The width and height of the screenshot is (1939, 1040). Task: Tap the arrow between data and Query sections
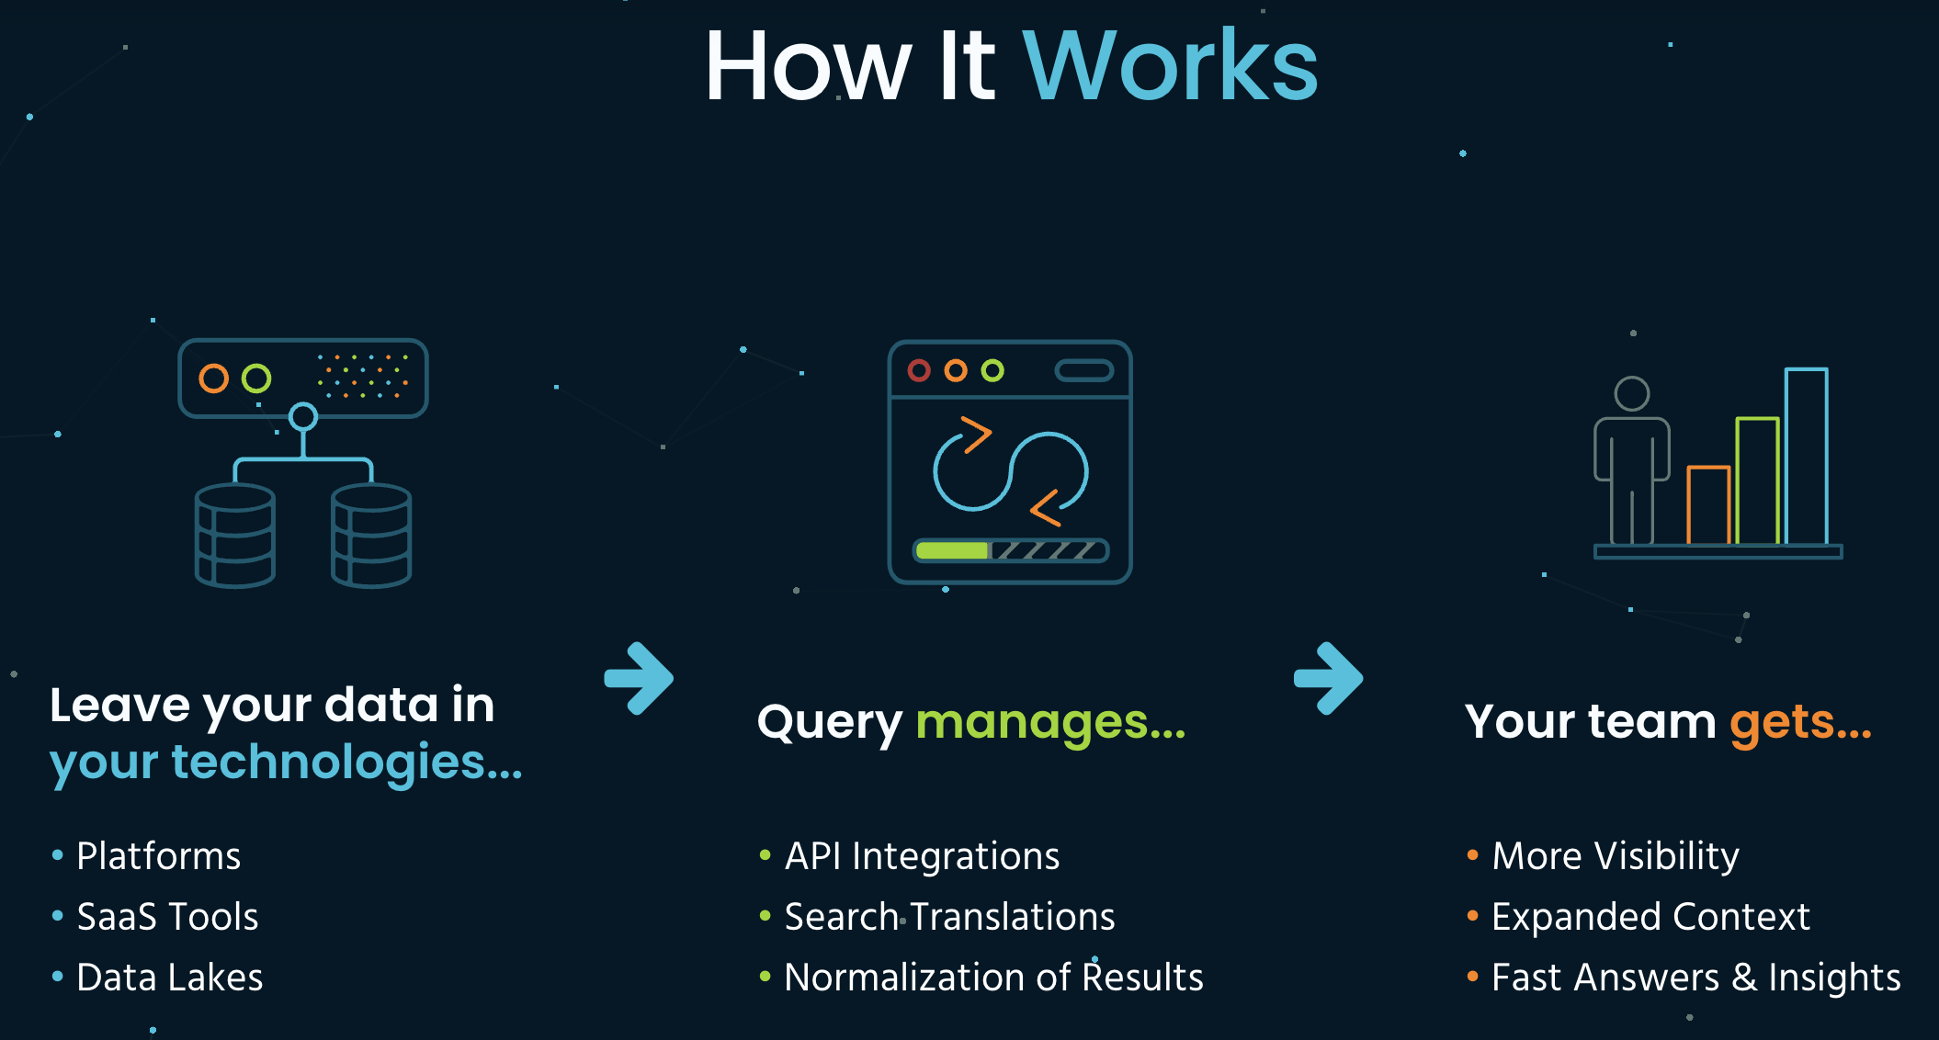tap(640, 678)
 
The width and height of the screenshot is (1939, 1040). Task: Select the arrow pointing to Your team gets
tap(1329, 678)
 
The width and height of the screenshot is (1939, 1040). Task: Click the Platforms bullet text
tap(158, 856)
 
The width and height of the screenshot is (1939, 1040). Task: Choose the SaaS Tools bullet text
tap(167, 917)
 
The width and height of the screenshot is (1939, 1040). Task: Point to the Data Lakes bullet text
tap(170, 978)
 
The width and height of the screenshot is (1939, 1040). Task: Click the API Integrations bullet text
tap(922, 856)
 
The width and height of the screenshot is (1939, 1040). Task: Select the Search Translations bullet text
tap(949, 917)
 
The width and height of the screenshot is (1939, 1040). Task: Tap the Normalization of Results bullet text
tap(993, 978)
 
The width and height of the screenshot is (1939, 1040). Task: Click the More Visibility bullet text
tap(1616, 856)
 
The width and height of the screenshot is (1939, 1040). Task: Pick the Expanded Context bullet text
tap(1650, 917)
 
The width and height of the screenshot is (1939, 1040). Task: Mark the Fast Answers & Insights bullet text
tap(1695, 978)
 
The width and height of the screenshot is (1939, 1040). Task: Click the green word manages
tap(1050, 722)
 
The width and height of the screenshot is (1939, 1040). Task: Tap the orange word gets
tap(1800, 722)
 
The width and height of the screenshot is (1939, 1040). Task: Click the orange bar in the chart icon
tap(1708, 505)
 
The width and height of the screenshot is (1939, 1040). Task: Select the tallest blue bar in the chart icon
tap(1806, 456)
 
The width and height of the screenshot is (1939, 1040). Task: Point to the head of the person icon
tap(1632, 393)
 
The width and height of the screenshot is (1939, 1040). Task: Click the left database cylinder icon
tap(235, 536)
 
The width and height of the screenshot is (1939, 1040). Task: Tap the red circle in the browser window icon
tap(919, 370)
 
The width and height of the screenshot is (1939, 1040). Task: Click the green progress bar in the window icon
tap(952, 550)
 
